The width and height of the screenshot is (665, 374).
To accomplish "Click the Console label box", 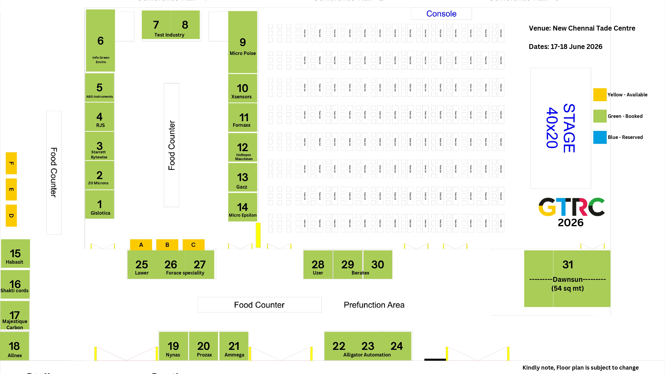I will click(x=441, y=14).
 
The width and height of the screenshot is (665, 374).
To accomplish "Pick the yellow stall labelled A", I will click(x=141, y=245).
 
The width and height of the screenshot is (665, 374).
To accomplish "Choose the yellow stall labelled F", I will click(x=11, y=163).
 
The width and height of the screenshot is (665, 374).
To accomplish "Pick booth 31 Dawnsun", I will click(x=567, y=279).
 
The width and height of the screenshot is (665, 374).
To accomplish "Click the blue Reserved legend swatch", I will click(x=600, y=137).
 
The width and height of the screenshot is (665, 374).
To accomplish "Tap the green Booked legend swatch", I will click(x=600, y=116).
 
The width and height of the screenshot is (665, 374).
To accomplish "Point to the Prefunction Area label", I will click(x=374, y=305).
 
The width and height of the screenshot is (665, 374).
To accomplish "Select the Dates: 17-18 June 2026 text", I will click(x=565, y=47).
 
